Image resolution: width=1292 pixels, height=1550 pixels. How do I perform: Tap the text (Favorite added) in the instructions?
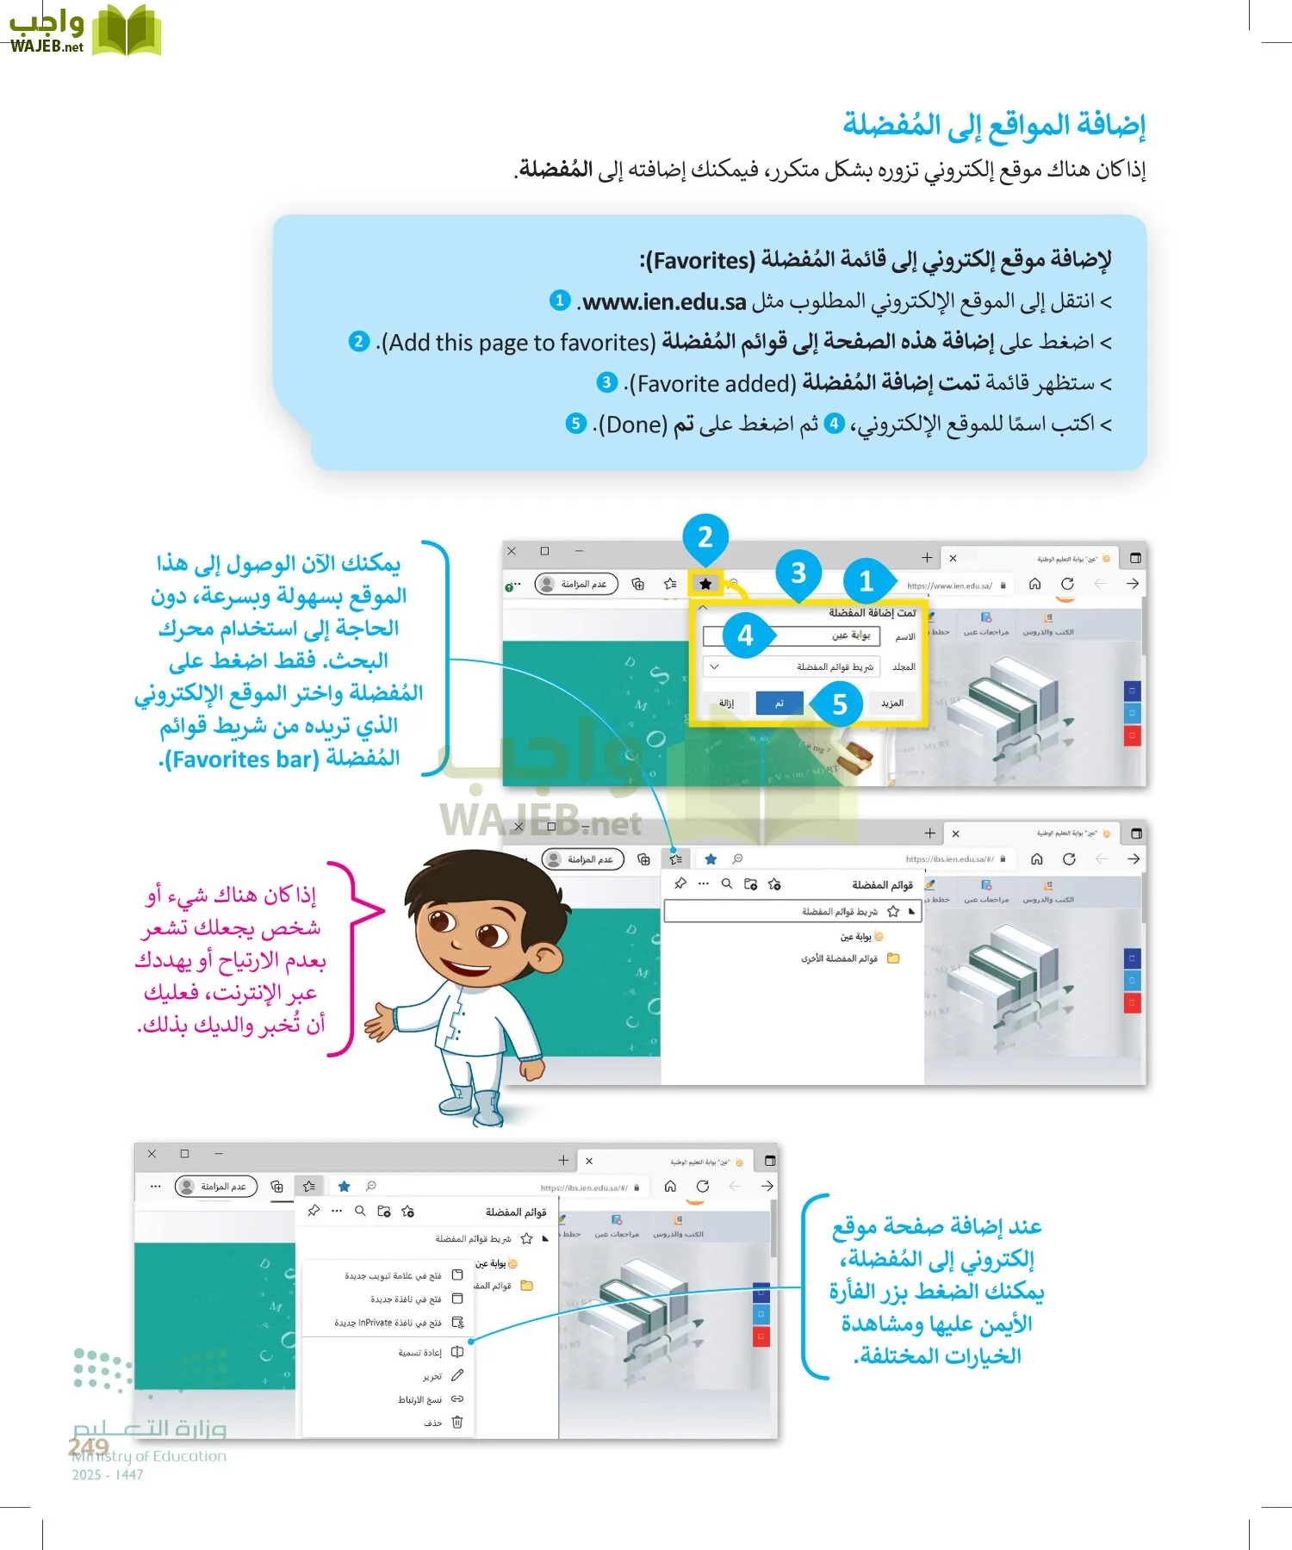click(x=712, y=383)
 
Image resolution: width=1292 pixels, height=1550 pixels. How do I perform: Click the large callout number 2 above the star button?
click(x=705, y=537)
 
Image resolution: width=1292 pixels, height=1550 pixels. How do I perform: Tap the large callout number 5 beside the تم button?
click(x=840, y=705)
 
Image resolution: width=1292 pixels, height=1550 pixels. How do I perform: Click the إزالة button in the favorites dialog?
click(x=726, y=704)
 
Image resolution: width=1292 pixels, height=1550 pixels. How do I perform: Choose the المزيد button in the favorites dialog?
click(x=892, y=704)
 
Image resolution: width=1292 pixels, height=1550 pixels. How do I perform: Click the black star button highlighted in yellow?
click(x=705, y=584)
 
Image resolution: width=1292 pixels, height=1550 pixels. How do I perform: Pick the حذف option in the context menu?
click(x=433, y=1423)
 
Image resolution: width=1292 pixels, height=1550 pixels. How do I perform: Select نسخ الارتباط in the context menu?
click(x=419, y=1399)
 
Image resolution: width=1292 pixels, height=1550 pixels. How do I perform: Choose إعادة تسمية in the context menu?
click(x=419, y=1353)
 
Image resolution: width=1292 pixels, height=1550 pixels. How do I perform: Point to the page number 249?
click(x=89, y=1447)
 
